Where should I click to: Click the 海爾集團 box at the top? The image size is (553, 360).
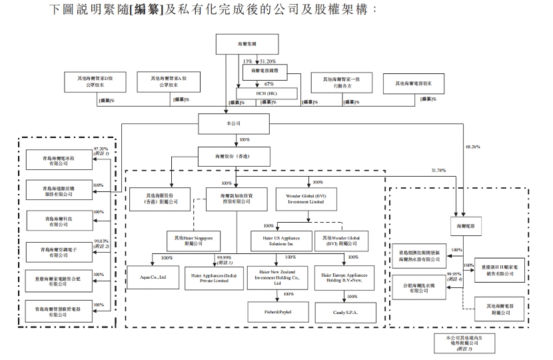point(237,44)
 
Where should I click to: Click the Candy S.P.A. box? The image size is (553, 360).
point(347,311)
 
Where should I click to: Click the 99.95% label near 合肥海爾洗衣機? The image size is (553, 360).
point(454,274)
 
